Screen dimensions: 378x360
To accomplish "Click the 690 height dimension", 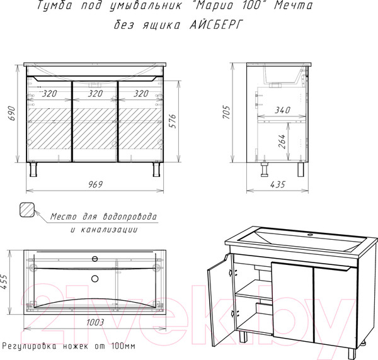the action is (x=13, y=113).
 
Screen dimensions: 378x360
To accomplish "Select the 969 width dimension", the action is (x=96, y=184).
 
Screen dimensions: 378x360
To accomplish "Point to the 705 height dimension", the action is (x=227, y=112).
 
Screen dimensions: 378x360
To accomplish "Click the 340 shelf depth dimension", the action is (x=282, y=110).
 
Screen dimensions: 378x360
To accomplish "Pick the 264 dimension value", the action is (x=282, y=142).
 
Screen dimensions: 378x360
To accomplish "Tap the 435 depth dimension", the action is (x=278, y=184).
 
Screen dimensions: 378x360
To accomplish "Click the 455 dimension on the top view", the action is (x=4, y=282).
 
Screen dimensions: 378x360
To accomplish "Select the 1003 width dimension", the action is (x=95, y=322).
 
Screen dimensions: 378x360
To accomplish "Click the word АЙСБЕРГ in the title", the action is (x=216, y=25).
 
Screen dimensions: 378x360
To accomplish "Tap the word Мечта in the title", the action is (x=294, y=5).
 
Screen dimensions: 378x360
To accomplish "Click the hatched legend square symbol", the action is (x=27, y=210).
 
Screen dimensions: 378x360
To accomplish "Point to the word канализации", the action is (x=109, y=230).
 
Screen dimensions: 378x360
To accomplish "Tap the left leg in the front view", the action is (x=33, y=169).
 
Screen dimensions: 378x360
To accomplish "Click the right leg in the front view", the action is (x=156, y=169).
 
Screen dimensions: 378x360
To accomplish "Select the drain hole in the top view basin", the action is (x=95, y=279).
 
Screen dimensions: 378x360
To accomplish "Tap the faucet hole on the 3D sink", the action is (x=310, y=234).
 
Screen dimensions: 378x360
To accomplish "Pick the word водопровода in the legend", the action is (x=130, y=217).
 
